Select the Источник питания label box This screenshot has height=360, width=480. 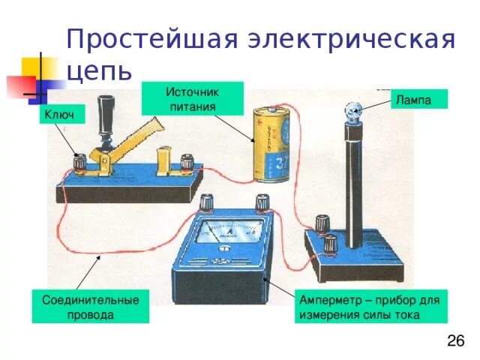point(192,97)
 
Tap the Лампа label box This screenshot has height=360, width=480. point(420,99)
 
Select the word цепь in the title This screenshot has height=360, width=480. point(99,71)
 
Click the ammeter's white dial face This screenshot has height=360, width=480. point(224,235)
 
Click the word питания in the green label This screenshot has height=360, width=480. point(192,106)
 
